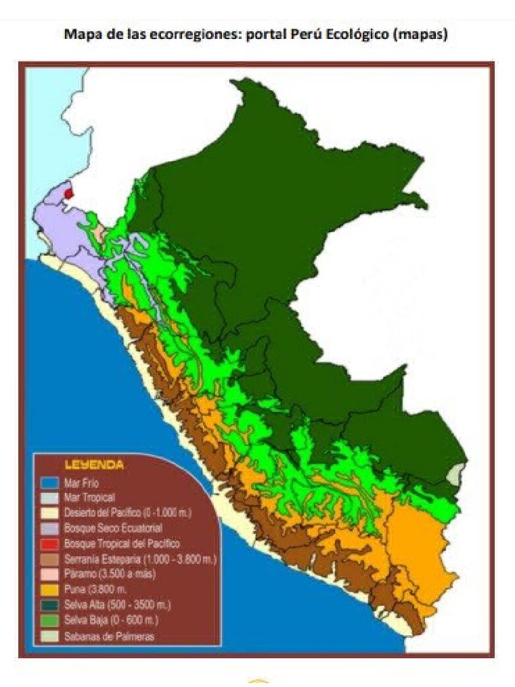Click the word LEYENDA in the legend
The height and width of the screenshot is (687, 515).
tap(93, 464)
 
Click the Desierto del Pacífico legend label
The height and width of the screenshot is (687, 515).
tap(127, 513)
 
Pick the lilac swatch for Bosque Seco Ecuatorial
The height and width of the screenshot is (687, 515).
tap(47, 528)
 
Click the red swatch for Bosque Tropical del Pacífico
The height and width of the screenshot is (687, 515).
tap(47, 543)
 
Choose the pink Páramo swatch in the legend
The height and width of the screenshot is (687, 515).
tap(47, 574)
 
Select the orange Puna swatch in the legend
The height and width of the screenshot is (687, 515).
tap(47, 589)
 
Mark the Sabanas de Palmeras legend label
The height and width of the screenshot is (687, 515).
tap(109, 636)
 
